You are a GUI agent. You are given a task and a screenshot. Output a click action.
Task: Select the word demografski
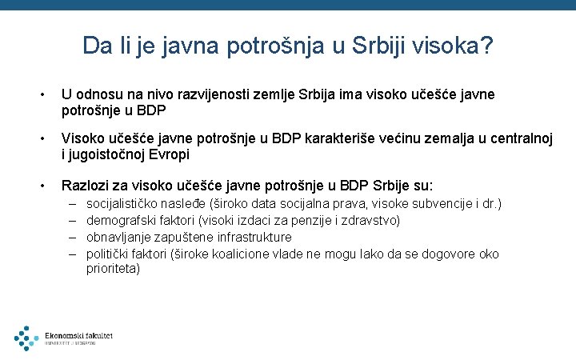pyautogui.click(x=121, y=220)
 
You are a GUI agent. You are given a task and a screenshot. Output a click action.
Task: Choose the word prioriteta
pyautogui.click(x=114, y=269)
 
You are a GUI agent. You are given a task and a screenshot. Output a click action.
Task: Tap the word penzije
pyautogui.click(x=306, y=220)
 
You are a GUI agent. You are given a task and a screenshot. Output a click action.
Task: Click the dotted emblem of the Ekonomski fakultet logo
pyautogui.click(x=26, y=338)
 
